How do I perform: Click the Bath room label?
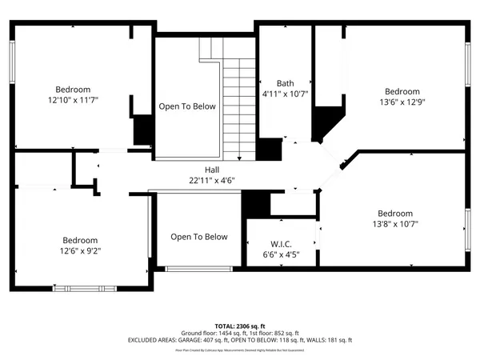[x=285, y=83]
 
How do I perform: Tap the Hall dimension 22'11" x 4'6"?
[x=211, y=180]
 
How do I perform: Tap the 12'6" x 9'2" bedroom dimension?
[x=81, y=250]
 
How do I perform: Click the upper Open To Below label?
[x=186, y=106]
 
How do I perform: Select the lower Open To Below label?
[x=198, y=237]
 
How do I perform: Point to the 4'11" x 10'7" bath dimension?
[x=285, y=94]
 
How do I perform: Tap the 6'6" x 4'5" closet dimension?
[x=280, y=255]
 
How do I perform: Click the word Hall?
[x=211, y=170]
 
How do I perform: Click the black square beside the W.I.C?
[x=255, y=204]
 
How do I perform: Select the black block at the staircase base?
[x=269, y=150]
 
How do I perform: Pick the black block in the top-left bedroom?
[x=142, y=130]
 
